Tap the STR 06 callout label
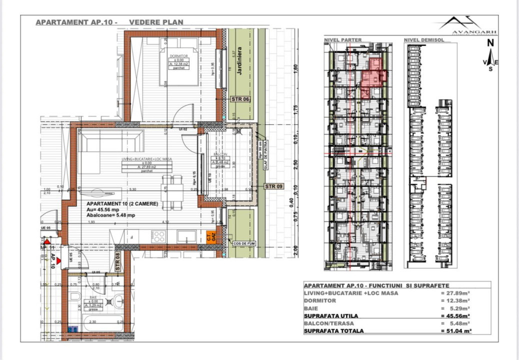(240, 99)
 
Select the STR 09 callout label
(273, 186)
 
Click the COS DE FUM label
(243, 243)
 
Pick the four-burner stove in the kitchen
(159, 236)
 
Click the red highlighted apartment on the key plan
(372, 76)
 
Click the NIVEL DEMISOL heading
(424, 40)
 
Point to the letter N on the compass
(491, 43)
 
